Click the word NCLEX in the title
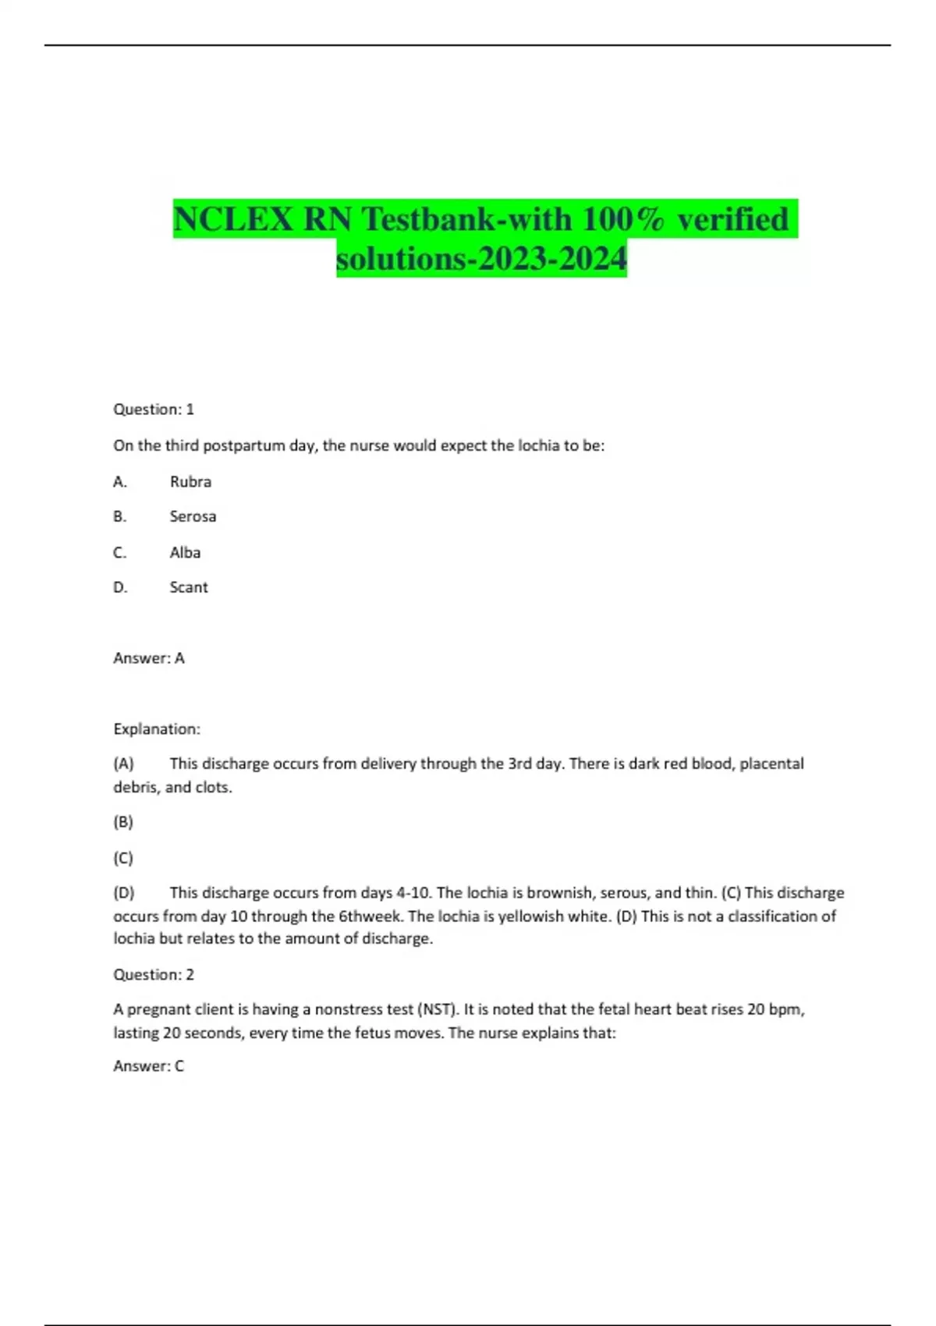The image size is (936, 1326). (232, 219)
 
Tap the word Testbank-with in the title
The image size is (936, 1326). (466, 219)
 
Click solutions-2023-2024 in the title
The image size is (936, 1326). (481, 258)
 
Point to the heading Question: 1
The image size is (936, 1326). (154, 409)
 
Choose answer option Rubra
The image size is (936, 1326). (190, 481)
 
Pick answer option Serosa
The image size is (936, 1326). (193, 516)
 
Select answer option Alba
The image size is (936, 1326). (185, 552)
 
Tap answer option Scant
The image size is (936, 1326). (189, 587)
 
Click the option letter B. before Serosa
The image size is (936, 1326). (120, 516)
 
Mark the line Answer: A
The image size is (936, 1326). (149, 658)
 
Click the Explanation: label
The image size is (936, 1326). (157, 729)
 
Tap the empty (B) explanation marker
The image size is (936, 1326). (123, 822)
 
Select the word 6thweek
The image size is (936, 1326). (370, 916)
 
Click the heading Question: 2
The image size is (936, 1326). (154, 974)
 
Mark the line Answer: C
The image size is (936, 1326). (149, 1065)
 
